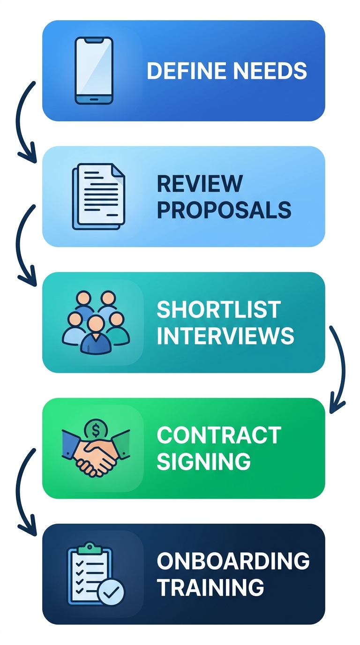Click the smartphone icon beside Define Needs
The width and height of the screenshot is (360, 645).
click(x=94, y=70)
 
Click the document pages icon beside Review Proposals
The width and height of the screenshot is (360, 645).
click(x=97, y=196)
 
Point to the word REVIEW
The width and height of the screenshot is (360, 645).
click(x=200, y=183)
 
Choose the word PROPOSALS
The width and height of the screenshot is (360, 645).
click(x=224, y=210)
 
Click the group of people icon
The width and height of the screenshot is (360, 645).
click(x=96, y=322)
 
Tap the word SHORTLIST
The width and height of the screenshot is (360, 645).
click(x=218, y=309)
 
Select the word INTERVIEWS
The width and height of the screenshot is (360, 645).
click(x=225, y=336)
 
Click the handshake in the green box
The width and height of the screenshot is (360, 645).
click(x=96, y=453)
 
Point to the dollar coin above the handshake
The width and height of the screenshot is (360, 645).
click(x=96, y=428)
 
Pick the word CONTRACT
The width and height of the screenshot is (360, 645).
click(x=218, y=435)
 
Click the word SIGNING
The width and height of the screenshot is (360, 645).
click(x=203, y=462)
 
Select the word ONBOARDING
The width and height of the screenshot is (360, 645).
click(x=233, y=561)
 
